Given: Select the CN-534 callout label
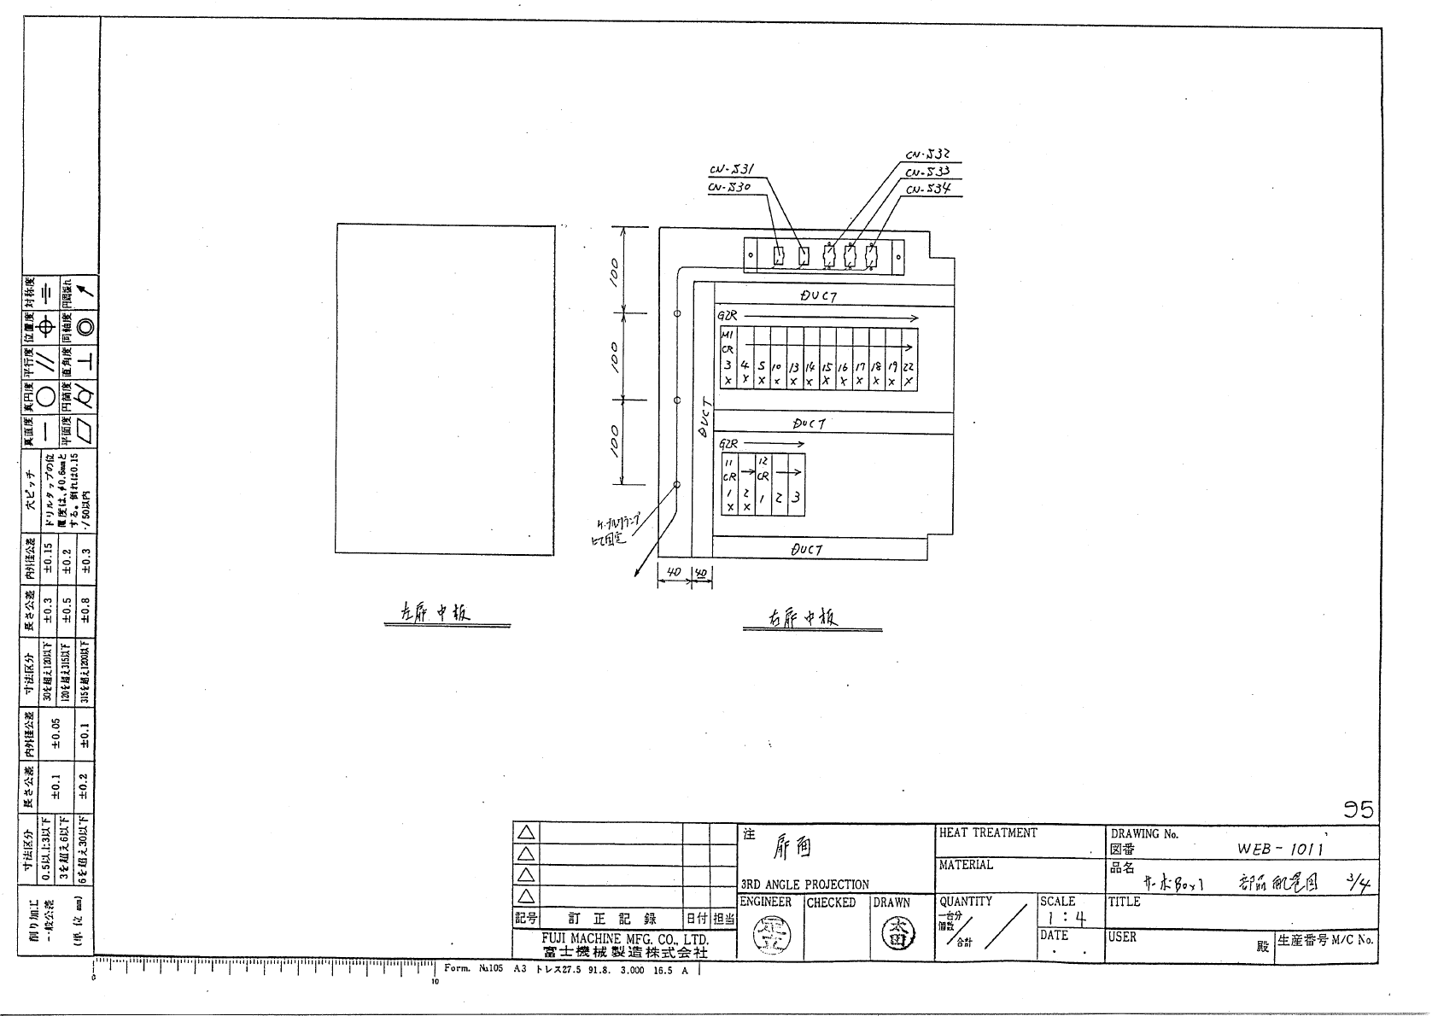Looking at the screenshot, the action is tap(928, 189).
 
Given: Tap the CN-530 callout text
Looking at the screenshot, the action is tap(729, 187).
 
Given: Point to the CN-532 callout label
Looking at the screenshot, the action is tap(928, 155).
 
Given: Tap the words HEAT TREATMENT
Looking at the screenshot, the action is tap(988, 832).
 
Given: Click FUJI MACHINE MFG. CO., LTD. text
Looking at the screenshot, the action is tap(625, 939).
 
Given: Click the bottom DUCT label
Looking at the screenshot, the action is tap(807, 550).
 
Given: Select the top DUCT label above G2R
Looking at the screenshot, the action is tap(818, 295).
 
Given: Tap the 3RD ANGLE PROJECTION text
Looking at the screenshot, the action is tap(804, 885).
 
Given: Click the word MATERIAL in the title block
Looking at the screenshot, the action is tap(966, 865).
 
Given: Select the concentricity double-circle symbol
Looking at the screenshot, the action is tap(85, 325).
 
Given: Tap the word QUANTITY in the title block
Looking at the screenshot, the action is tap(966, 901).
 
